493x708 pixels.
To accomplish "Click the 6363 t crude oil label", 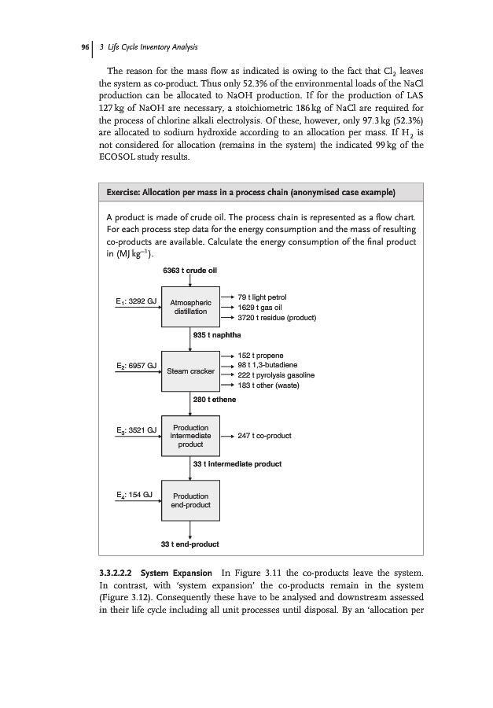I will pyautogui.click(x=190, y=271).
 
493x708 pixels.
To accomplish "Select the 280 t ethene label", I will pyautogui.click(x=215, y=400).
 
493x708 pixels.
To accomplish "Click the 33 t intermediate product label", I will pyautogui.click(x=237, y=464).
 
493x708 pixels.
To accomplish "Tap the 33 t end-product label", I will pyautogui.click(x=189, y=544).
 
